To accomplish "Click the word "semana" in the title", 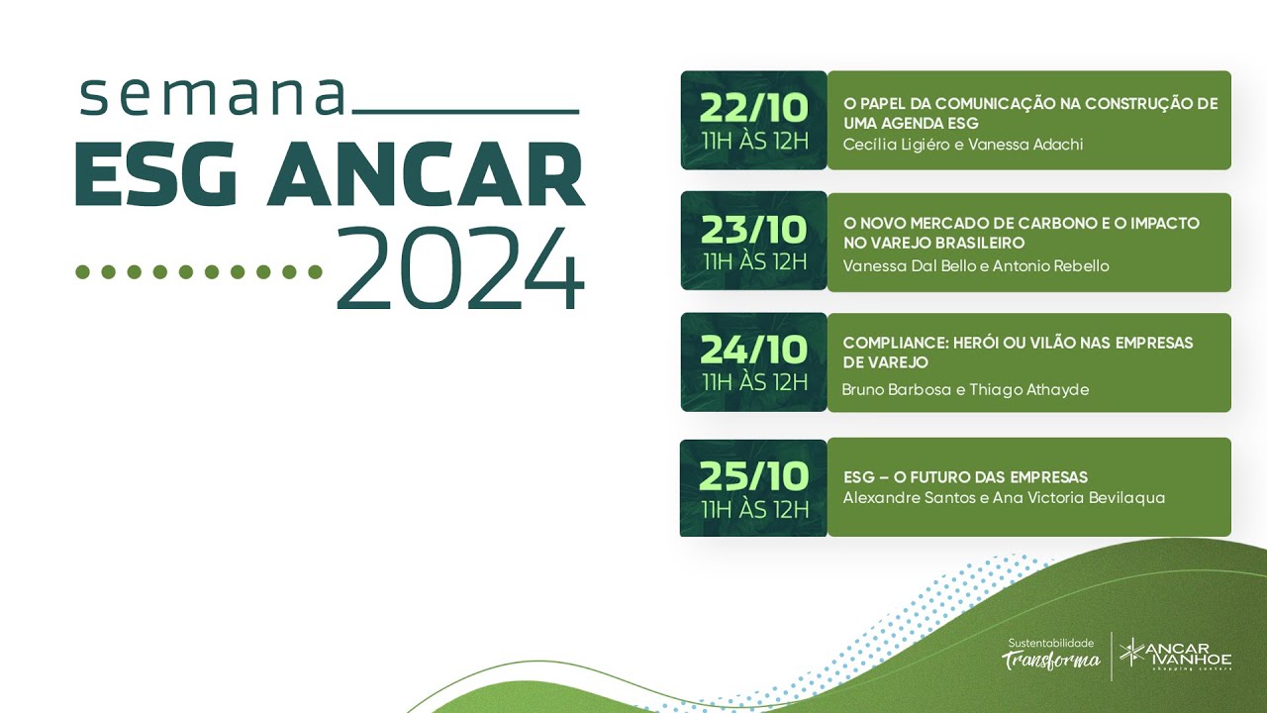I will coord(213,95).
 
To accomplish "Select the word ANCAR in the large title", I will coord(426,176).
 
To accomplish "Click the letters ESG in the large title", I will coord(156,176).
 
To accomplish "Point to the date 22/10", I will coord(754,107).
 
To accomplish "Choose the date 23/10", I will coord(754,230).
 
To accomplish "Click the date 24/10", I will coord(754,350).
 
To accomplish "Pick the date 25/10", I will coord(754,476).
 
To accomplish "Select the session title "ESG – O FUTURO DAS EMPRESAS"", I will coord(965,476).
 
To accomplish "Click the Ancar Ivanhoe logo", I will coord(1176,656).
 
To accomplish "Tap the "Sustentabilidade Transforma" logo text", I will coord(1051,654).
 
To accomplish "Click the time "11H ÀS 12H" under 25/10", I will coord(754,509).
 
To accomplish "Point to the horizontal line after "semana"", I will coord(465,112).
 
